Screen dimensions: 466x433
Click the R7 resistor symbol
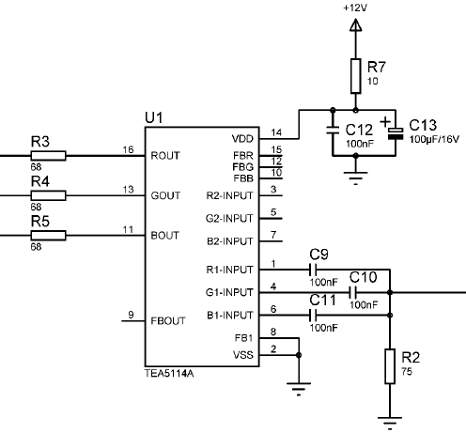[355, 76]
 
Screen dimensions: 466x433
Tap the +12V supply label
[355, 8]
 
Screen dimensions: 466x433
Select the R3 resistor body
[48, 156]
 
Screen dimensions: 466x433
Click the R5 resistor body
[48, 236]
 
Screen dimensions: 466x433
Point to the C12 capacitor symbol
[333, 131]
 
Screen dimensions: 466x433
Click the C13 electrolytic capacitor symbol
[396, 133]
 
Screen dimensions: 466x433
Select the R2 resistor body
[390, 366]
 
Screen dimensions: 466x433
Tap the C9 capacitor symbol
[313, 270]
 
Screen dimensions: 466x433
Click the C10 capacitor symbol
[353, 292]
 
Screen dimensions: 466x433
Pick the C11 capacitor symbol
[313, 316]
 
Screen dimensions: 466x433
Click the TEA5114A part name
[169, 373]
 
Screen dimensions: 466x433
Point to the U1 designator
[154, 118]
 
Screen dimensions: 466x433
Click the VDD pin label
[242, 139]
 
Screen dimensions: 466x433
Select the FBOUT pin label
[168, 321]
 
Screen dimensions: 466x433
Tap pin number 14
[276, 132]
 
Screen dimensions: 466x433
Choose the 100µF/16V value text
[434, 139]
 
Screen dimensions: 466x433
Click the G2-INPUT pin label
[229, 218]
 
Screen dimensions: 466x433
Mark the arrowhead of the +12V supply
[355, 25]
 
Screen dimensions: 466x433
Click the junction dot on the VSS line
[299, 355]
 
